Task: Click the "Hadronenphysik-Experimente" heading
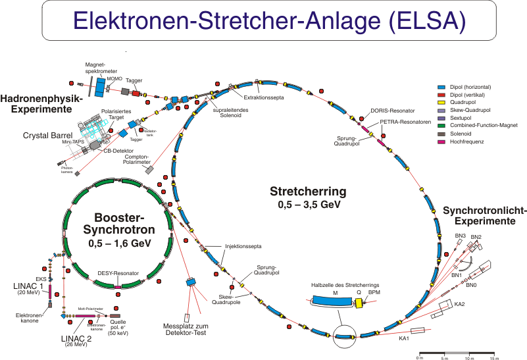tap(41, 103)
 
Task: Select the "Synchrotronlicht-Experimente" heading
tap(484, 216)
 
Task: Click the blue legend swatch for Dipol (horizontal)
tap(441, 87)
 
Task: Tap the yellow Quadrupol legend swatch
tap(441, 102)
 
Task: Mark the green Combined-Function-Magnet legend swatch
tap(441, 125)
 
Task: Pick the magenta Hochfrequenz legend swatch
tap(441, 141)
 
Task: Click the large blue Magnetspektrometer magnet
tap(101, 84)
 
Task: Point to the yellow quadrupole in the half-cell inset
tap(359, 303)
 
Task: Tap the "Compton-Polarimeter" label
tap(135, 159)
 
